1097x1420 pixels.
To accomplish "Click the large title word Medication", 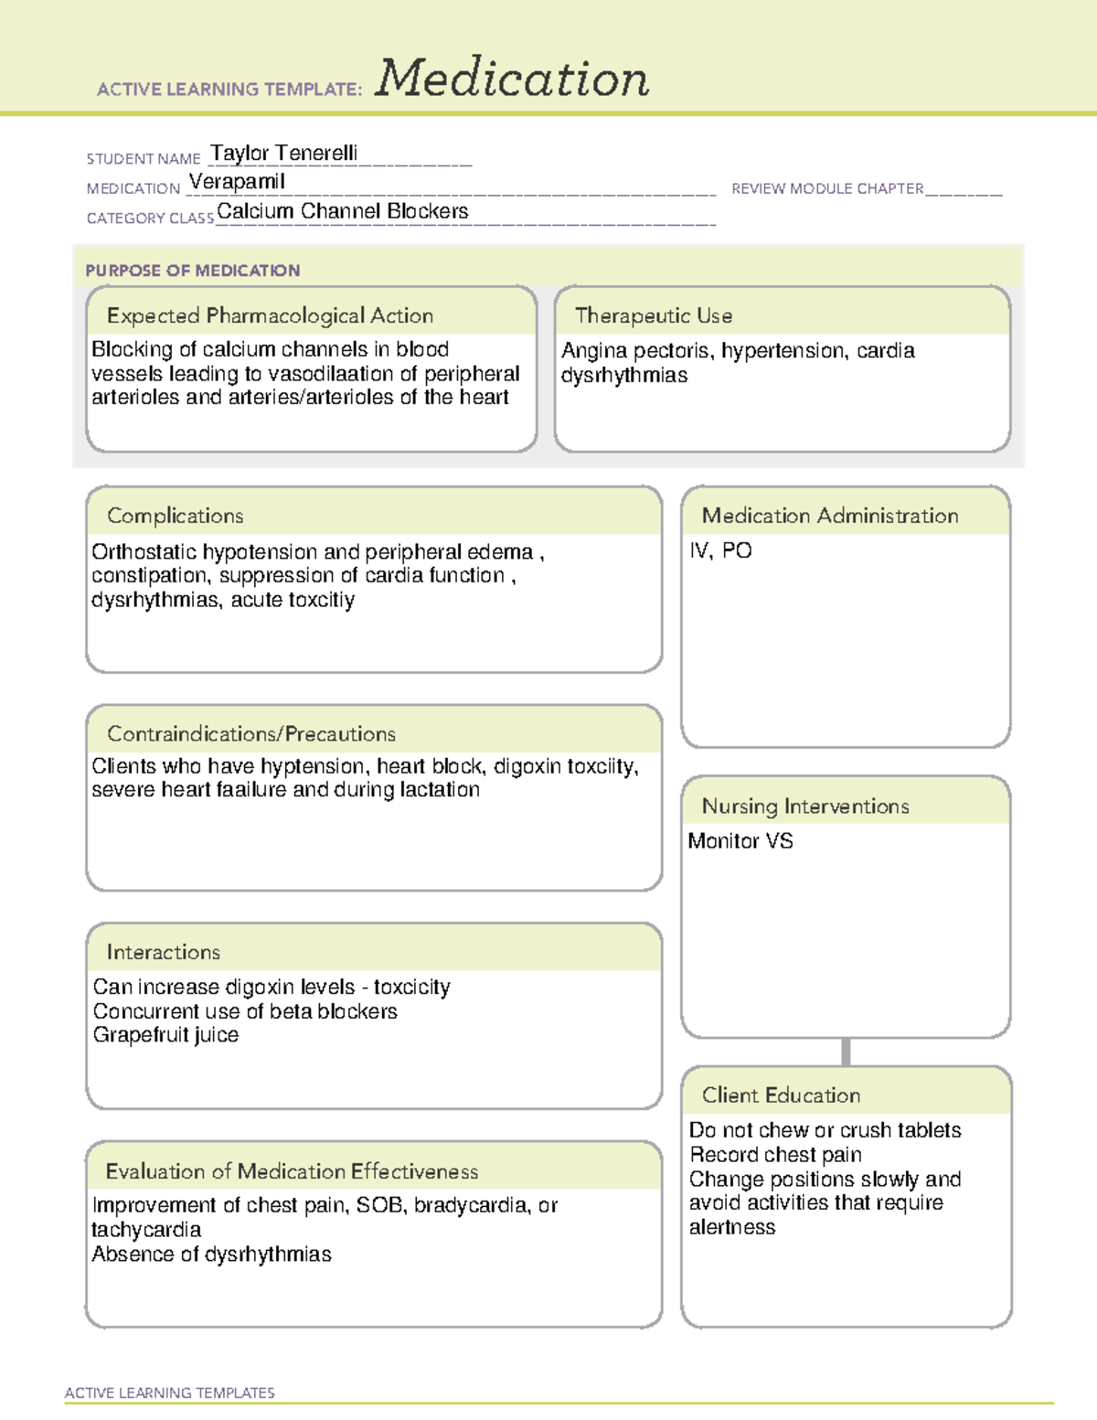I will coord(512,79).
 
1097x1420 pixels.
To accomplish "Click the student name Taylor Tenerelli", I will coord(283,153).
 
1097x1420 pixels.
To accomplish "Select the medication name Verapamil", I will coord(237,182).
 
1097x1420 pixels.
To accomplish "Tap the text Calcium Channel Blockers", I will coord(342,211).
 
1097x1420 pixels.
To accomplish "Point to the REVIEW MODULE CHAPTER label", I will coord(827,188).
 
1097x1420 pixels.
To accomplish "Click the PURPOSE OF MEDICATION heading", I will coord(192,271).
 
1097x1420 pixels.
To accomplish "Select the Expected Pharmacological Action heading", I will coord(270,316).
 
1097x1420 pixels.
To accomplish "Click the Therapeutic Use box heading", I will coord(653,316).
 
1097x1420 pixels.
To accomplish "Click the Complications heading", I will coord(175,516).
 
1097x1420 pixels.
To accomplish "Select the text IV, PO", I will coord(720,550).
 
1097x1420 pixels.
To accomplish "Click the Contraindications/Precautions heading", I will coord(250,734).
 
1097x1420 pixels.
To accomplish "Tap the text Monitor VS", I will coord(740,841).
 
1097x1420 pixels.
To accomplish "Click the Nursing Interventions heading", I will coord(804,806).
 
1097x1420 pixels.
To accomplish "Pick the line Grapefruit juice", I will coord(165,1035).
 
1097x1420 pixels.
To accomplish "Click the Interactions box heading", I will coord(163,953).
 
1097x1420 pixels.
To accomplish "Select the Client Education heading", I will coord(781,1095).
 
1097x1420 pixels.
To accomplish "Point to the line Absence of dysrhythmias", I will coord(211,1255).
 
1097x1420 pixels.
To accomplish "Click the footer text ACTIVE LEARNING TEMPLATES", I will coord(169,1393).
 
